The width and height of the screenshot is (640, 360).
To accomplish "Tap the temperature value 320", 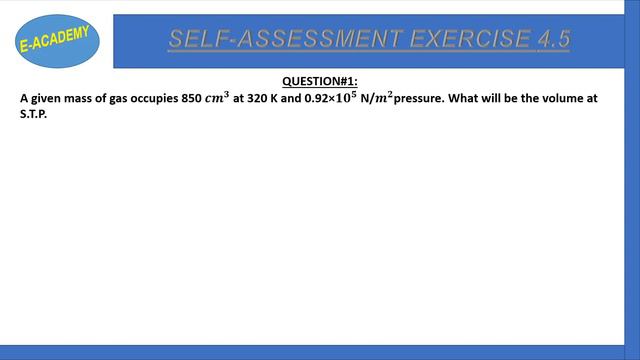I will click(x=258, y=99).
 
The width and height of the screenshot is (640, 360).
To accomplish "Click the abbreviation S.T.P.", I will click(x=34, y=115).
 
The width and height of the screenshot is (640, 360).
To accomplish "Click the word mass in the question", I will click(x=75, y=99).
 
